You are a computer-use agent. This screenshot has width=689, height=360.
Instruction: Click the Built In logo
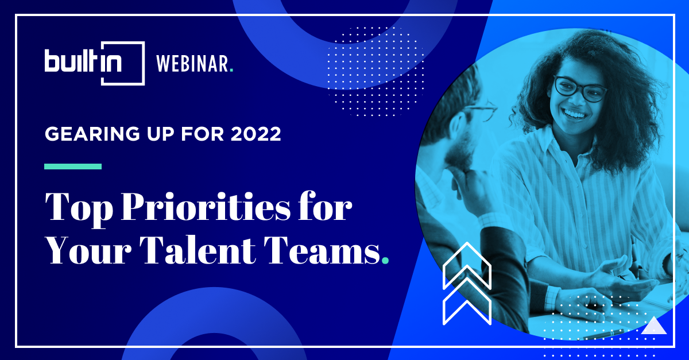coord(94,63)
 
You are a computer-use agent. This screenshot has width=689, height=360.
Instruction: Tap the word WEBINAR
coord(192,64)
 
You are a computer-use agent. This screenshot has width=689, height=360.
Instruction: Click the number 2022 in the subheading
coord(256,134)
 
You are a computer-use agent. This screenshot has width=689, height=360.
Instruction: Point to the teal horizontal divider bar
coord(73,167)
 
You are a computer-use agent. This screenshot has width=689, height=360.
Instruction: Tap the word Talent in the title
coord(199,250)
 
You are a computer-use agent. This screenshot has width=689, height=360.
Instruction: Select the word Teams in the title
coord(324,250)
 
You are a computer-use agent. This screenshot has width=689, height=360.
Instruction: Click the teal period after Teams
coord(385,261)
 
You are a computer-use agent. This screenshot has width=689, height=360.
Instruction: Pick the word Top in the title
coord(79,210)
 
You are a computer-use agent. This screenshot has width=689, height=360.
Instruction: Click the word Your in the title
coord(88,250)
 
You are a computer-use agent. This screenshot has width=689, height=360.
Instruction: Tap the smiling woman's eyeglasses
coord(580,89)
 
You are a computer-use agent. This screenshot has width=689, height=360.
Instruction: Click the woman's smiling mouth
coord(574,114)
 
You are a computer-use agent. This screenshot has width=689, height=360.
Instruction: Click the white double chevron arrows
coord(467,284)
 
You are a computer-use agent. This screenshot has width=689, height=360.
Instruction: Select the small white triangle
coord(654,327)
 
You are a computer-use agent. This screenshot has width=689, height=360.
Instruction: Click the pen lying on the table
coord(603,334)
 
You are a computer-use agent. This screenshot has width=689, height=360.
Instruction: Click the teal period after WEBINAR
coord(231,70)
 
